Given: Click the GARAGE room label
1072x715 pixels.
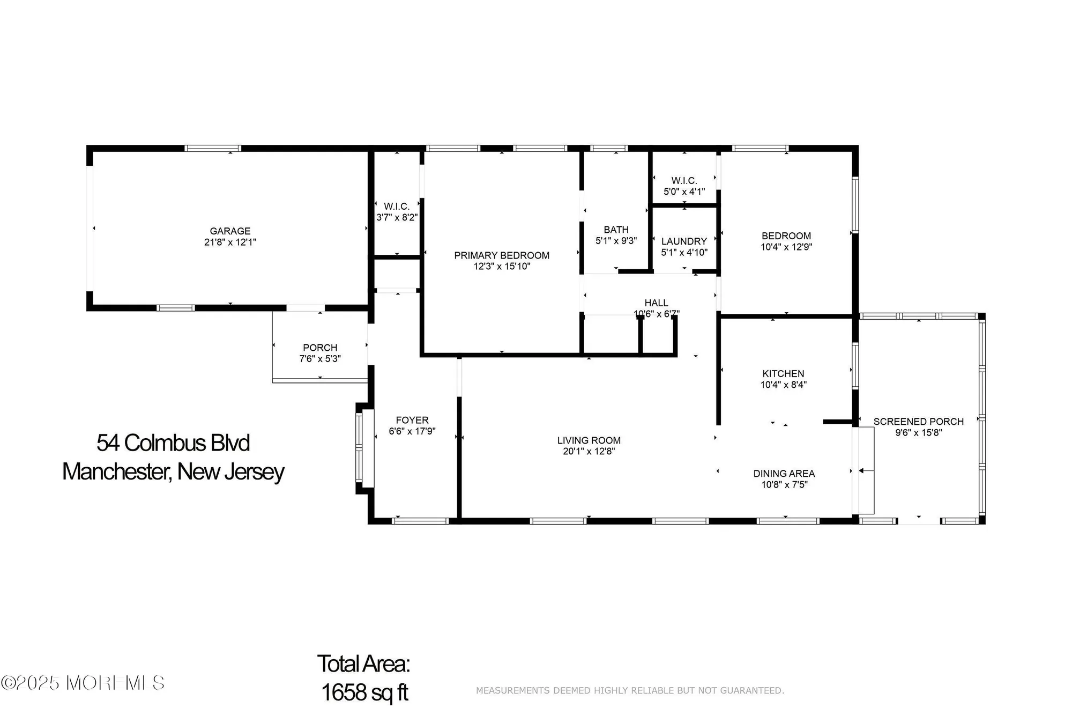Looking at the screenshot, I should coord(230,231).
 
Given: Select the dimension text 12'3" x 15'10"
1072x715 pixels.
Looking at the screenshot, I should coord(502,267).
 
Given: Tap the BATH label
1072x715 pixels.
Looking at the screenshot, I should coord(616,230).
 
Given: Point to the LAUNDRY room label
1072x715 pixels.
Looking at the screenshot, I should coord(684,241).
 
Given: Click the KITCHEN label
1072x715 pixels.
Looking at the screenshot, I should coord(783,374).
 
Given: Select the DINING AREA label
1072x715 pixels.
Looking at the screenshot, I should coord(784,474).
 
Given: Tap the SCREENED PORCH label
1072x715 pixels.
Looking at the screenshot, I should coord(918,422).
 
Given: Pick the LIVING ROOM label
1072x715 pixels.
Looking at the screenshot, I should coord(589,440).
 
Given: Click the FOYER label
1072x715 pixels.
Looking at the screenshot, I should coord(412,421).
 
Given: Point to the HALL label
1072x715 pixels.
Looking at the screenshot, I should coord(656,303).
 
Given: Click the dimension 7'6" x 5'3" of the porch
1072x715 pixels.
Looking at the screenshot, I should coord(320,359).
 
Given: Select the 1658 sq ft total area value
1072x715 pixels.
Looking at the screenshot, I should coord(364,692).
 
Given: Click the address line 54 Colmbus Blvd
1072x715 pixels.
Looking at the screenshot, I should coord(173,443).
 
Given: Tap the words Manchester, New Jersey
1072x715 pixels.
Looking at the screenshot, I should coord(173,471).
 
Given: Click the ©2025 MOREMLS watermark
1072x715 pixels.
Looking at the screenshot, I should coord(83,683).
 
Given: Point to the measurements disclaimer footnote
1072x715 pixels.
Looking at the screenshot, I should coord(630,690).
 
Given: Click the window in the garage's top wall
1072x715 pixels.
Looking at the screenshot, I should coord(213,149).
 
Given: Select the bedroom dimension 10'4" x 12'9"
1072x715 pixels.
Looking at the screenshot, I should coord(786,247).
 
